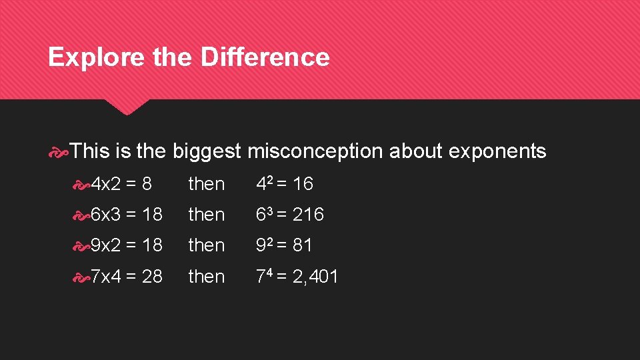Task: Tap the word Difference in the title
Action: click(265, 57)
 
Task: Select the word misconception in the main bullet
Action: click(315, 151)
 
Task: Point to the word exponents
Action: click(497, 151)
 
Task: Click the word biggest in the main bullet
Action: click(207, 151)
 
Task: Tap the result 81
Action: click(302, 245)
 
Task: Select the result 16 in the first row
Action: click(303, 184)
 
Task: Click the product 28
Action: click(152, 276)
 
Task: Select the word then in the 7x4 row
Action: click(207, 276)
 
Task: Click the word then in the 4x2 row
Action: click(207, 184)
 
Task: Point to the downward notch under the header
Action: click(127, 107)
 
